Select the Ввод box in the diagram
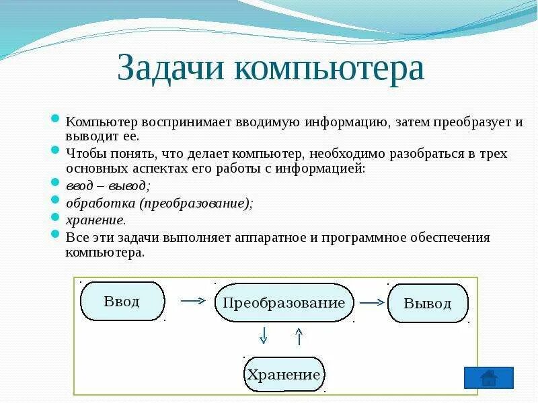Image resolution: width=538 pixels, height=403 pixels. click(x=122, y=301)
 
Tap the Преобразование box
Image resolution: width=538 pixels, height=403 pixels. click(x=284, y=302)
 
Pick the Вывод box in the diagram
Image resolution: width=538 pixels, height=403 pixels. click(x=428, y=303)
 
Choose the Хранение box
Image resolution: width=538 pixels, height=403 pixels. click(x=284, y=375)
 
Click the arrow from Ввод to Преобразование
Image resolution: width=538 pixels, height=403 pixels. click(x=193, y=301)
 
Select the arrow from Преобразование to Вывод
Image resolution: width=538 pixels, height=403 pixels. click(x=371, y=302)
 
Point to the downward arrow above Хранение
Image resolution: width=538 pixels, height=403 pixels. click(x=264, y=334)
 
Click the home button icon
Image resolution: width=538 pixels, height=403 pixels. click(x=489, y=377)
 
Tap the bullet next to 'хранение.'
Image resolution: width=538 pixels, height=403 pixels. click(x=56, y=218)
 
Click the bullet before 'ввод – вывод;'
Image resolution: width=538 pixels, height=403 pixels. click(x=56, y=183)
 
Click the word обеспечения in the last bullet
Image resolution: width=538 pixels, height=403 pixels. click(x=449, y=237)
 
